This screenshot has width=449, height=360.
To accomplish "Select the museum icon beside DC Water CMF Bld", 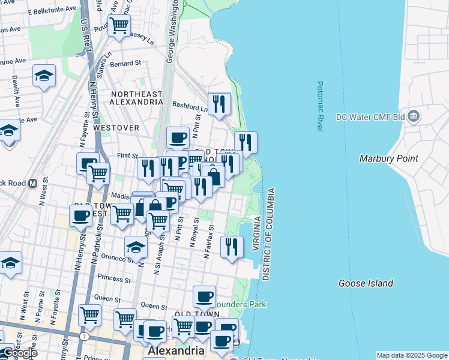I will pos(413,116).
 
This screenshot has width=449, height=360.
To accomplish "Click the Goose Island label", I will pos(366,283).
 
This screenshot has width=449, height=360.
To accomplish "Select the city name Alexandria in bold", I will pos(177,350).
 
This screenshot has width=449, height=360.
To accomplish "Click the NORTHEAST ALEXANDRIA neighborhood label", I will pos(136,98).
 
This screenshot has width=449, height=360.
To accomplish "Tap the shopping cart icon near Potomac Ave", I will pos(119,25).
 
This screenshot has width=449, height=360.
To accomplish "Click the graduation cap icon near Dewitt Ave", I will pos(44,76).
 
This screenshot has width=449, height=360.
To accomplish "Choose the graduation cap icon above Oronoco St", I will pos(136,247).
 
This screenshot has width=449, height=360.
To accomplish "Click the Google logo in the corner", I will pos(19,353).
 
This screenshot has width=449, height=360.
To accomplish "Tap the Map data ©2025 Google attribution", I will pos(412,355).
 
